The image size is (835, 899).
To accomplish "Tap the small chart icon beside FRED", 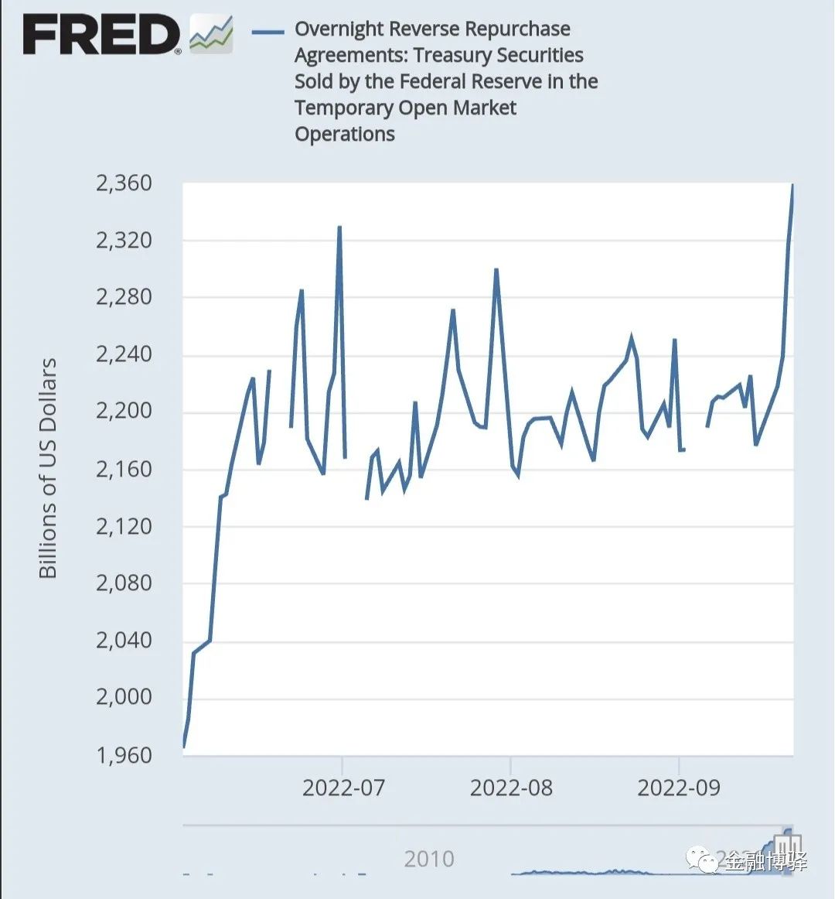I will tap(211, 34).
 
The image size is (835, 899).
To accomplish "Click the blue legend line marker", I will tap(268, 32).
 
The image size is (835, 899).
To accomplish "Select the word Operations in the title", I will tap(345, 134).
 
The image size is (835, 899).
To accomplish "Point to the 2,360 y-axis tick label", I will tap(124, 183).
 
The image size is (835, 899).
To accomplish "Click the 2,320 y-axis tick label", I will tap(124, 241).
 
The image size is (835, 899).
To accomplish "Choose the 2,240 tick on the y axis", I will tap(124, 354).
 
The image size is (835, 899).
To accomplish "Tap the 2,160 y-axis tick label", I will tap(124, 469).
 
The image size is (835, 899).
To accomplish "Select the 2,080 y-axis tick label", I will tap(124, 583).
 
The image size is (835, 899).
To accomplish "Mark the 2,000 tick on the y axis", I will tap(124, 696).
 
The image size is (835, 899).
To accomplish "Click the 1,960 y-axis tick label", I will tap(124, 754).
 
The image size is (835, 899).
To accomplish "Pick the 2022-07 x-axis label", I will tap(343, 788).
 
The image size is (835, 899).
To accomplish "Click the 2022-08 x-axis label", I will tap(511, 788).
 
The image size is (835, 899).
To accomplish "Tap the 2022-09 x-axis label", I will tap(679, 788).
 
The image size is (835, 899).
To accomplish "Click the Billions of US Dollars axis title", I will tap(48, 468).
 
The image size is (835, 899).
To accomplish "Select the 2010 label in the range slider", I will tap(429, 859).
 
